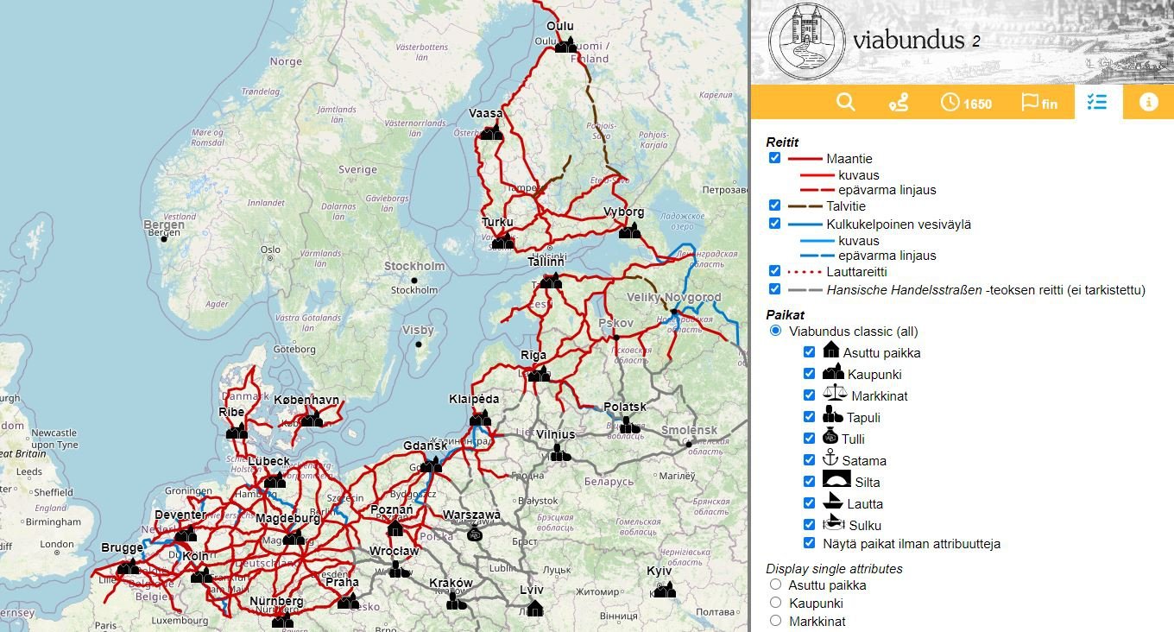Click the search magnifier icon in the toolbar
coord(845,102)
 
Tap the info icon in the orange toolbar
coord(1148,102)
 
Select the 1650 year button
coord(966,103)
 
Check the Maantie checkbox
coord(774,158)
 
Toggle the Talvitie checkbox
coord(774,206)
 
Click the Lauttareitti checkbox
coord(774,272)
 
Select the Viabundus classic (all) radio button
coord(775,331)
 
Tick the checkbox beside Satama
coord(809,460)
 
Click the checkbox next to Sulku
coord(809,524)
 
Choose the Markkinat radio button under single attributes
coord(775,621)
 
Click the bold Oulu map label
coord(560,26)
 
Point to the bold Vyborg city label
coord(624,212)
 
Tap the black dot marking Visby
coord(419,345)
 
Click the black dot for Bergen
coord(163,239)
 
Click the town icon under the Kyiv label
coord(664,590)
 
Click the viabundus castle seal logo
coord(806,41)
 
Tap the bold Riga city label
coord(533,356)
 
